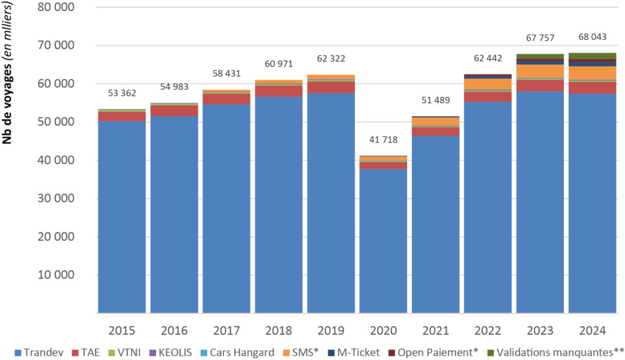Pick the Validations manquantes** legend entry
555,352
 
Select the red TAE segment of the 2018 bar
279,91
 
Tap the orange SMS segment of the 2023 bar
540,71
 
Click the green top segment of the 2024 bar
591,56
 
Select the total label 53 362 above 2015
121,93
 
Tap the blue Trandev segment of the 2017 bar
226,207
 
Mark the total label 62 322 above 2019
331,59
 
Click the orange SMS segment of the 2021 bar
435,121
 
